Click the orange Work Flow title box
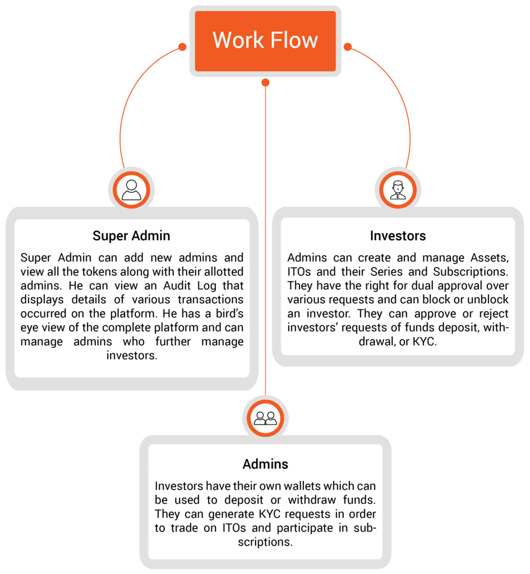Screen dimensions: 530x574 click(x=265, y=41)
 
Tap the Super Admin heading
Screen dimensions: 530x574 click(x=131, y=236)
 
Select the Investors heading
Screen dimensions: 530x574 click(x=398, y=236)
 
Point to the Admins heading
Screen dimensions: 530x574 click(x=265, y=464)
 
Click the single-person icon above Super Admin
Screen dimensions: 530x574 click(x=131, y=190)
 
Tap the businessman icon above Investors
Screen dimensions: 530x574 click(x=398, y=190)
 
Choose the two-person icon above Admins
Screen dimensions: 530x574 click(x=265, y=418)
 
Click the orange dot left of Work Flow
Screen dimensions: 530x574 click(x=182, y=47)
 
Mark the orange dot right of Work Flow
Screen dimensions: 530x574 click(x=348, y=47)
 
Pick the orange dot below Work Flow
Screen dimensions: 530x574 click(x=265, y=82)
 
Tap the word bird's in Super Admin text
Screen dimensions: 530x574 click(x=229, y=314)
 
